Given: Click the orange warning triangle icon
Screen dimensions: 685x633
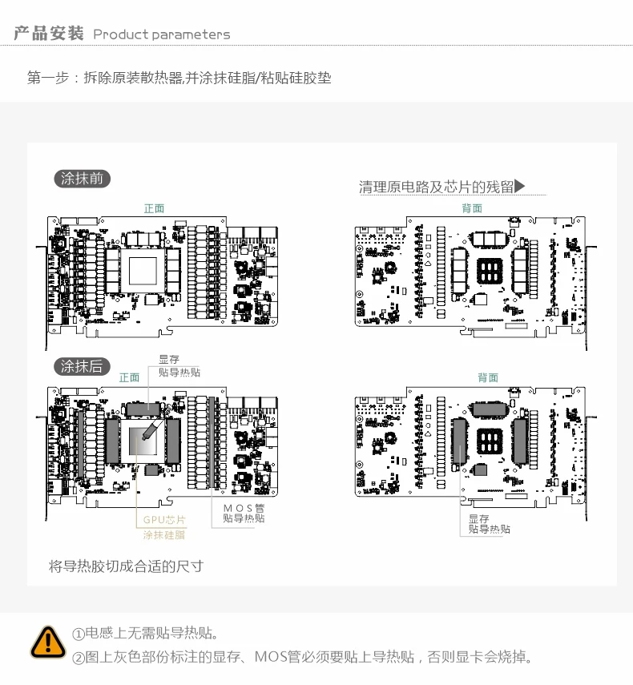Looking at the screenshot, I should tap(48, 643).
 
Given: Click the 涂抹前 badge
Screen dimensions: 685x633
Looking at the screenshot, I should tap(82, 179).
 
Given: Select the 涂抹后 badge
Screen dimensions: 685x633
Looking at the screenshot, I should tap(82, 366).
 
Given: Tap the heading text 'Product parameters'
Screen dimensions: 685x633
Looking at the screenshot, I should tap(161, 34).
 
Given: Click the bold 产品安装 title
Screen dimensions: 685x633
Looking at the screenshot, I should tap(49, 34).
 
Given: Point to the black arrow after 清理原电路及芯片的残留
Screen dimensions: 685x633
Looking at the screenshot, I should tap(520, 187).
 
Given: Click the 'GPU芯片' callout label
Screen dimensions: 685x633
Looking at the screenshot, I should tap(164, 520).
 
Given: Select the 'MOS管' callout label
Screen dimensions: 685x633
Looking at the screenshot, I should tap(244, 508).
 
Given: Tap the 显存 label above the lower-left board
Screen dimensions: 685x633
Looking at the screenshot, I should tap(169, 360).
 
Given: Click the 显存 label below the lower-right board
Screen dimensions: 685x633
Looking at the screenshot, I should tap(479, 518).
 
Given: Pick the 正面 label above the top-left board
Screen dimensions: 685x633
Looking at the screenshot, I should tap(154, 208).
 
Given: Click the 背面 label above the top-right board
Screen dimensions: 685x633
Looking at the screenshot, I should tap(472, 208).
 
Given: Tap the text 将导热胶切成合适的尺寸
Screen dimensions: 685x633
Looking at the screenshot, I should tap(126, 566).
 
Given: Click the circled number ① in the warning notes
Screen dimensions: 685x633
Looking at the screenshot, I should tap(79, 635).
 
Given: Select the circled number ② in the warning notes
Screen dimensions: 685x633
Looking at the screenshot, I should tap(79, 658).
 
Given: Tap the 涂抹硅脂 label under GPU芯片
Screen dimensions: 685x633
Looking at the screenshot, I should tap(164, 534).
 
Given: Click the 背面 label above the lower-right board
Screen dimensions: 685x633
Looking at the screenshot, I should tap(487, 377).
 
